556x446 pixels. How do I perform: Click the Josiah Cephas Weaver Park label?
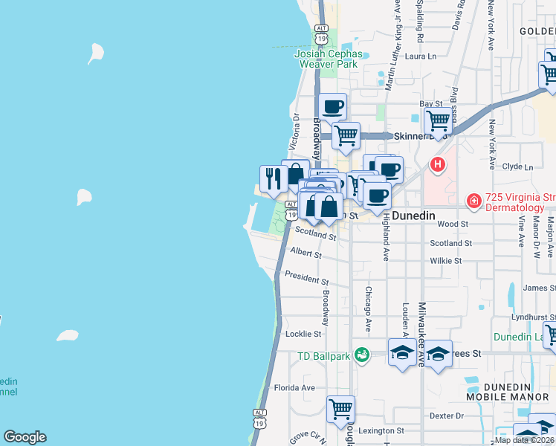pos(329,59)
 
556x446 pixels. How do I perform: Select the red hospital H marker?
pos(438,164)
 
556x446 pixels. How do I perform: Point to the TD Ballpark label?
pos(323,356)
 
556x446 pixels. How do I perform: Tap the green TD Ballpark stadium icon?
pos(362,355)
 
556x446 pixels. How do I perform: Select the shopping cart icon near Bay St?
pos(439,118)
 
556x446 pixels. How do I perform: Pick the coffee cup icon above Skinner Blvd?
pos(332,106)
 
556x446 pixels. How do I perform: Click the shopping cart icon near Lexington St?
pos(340,408)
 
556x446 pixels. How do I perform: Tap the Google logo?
pos(25,437)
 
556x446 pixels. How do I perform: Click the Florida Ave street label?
pos(294,387)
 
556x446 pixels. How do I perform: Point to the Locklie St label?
pos(303,334)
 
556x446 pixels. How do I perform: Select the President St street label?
pos(307,277)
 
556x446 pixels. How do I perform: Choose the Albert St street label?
pos(306,253)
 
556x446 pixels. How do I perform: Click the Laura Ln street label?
pos(421,56)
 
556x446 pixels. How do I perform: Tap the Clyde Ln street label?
pos(518,167)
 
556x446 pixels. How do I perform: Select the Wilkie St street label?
pos(446,261)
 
